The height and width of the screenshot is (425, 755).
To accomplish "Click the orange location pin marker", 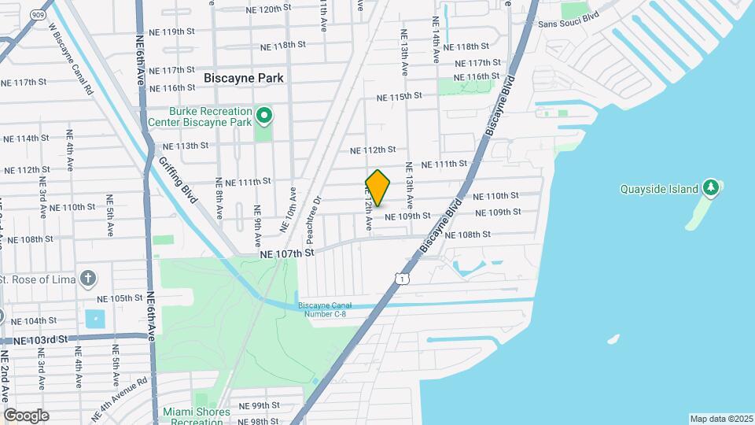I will click(378, 188).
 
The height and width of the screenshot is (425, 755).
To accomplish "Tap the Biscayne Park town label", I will click(243, 78).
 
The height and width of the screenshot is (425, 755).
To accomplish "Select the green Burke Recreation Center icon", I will click(265, 117).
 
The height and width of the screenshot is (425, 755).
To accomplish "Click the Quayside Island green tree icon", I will click(711, 188).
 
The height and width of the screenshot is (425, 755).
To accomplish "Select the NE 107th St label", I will click(288, 253).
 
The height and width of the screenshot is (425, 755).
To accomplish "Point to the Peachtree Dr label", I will click(317, 213).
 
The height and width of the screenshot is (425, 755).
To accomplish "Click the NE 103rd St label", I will click(41, 339).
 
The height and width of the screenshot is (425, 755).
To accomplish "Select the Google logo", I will click(25, 415).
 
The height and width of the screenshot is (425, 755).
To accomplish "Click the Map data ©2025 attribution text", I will click(720, 419).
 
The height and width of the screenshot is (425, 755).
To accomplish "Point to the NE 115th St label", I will click(400, 96).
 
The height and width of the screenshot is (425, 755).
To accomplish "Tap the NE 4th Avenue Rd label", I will click(119, 399).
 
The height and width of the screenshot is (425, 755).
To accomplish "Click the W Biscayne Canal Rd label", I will click(71, 59).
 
